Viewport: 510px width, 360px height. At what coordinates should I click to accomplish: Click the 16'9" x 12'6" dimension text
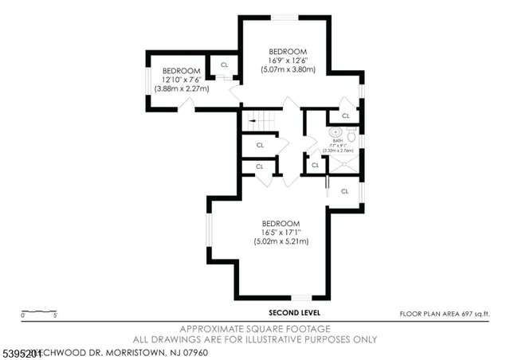[x=288, y=61]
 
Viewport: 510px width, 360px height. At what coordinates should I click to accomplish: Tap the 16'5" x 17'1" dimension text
[x=280, y=232]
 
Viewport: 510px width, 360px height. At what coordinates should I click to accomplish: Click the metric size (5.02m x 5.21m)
[x=280, y=241]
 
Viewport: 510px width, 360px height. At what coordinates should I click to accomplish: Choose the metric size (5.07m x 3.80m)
[x=288, y=69]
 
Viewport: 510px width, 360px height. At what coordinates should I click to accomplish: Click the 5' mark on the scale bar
[x=56, y=316]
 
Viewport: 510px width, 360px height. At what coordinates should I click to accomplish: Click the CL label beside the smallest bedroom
[x=224, y=65]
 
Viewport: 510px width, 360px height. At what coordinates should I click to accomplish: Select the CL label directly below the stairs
[x=260, y=145]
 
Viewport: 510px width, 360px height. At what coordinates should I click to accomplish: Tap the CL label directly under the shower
[x=344, y=191]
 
